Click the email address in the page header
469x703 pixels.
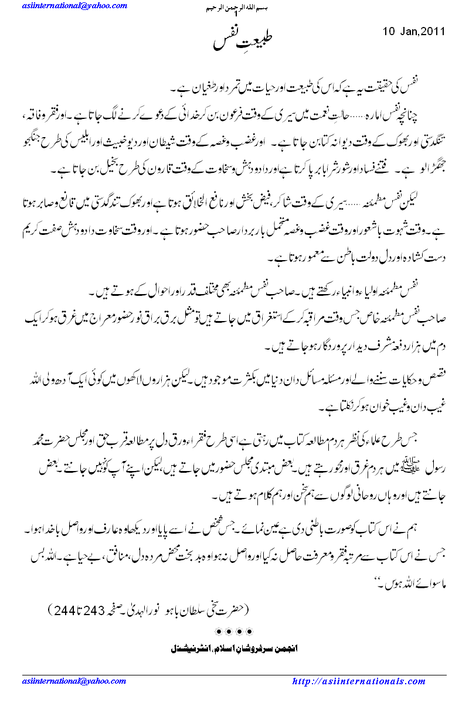74,6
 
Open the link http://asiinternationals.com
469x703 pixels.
359,681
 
